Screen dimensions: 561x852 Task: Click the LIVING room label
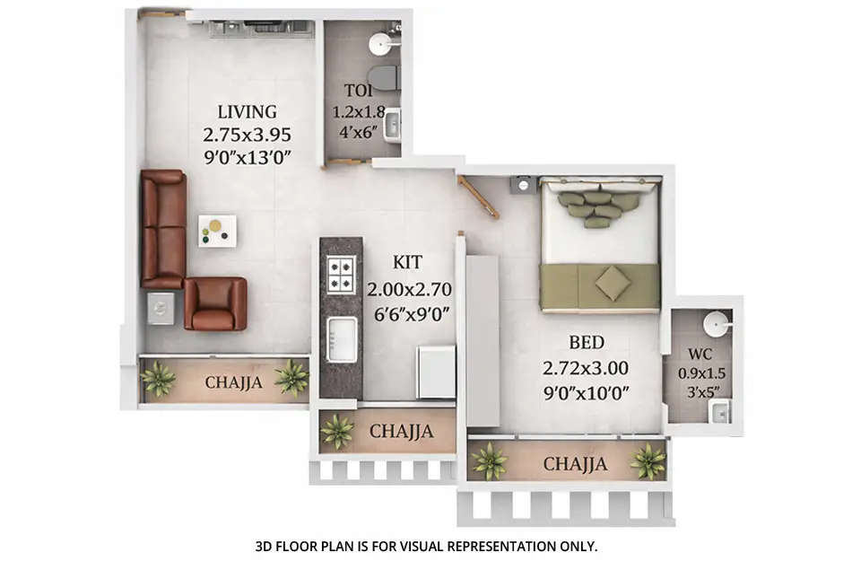247,112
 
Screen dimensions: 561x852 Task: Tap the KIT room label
407,263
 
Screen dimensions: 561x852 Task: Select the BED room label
586,342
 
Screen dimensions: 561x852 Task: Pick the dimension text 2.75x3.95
247,136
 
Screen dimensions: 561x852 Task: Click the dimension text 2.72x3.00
586,366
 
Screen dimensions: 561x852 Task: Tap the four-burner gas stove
341,275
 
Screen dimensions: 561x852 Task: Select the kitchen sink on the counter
342,338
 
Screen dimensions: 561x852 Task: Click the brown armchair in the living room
215,304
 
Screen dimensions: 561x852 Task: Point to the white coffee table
217,231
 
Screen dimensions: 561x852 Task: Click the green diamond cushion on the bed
613,284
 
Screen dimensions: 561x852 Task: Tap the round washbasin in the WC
716,322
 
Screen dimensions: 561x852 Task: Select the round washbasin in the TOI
380,42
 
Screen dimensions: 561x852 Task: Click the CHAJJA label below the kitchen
401,432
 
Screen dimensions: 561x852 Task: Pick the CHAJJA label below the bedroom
576,464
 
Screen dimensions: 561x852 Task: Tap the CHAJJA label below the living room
234,382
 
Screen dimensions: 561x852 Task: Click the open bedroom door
479,197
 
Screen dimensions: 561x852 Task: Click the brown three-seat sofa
162,229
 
